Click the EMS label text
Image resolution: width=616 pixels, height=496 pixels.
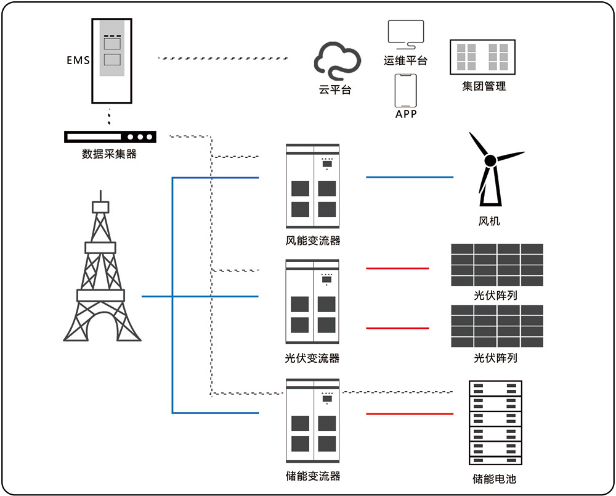(x=78, y=60)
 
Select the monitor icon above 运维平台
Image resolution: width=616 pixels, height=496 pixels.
(x=405, y=34)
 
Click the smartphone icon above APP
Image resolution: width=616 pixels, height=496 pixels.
(x=405, y=91)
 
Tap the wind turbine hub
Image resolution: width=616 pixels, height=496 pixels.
(x=490, y=160)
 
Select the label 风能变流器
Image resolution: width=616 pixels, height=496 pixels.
(x=313, y=241)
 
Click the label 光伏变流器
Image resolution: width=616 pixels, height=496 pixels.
(x=313, y=358)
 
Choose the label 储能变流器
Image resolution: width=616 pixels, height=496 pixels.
(x=313, y=476)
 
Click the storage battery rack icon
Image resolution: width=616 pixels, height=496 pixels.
(x=495, y=423)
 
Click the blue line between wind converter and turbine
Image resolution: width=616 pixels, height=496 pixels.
(x=410, y=177)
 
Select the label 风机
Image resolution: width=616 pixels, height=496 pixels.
(x=489, y=221)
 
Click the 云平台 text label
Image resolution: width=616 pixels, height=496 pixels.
(x=335, y=89)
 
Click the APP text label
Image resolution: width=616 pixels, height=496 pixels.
(x=406, y=114)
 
